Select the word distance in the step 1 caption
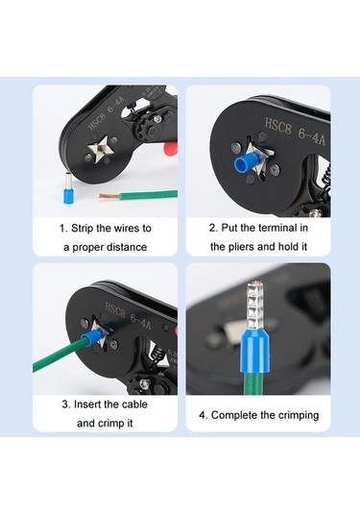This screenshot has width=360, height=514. point(125,248)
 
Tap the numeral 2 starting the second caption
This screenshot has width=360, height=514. point(213,229)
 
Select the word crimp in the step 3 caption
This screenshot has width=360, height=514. point(119,423)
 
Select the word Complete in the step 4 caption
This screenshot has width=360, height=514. point(236,415)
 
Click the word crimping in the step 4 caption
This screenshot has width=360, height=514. point(293,415)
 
